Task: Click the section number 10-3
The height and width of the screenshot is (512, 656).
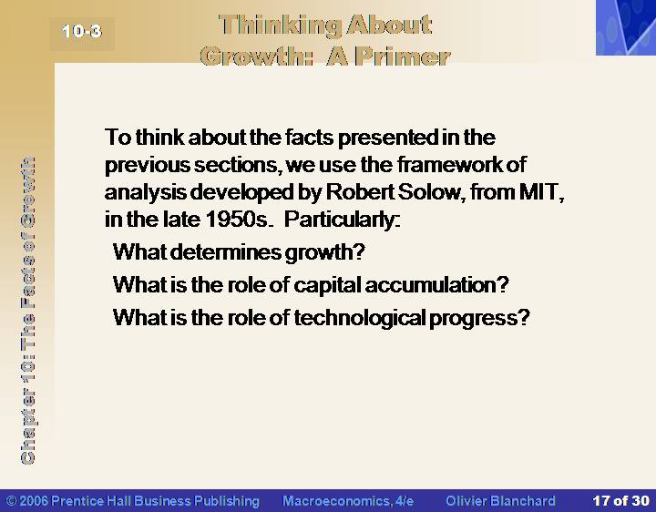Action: (x=82, y=31)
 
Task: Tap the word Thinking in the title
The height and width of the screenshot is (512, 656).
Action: (x=280, y=26)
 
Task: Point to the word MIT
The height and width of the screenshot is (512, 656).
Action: (x=541, y=192)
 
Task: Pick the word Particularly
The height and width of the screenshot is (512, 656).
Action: (x=342, y=220)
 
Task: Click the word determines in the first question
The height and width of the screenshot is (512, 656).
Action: (x=226, y=251)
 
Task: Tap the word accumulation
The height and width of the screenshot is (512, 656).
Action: (x=436, y=285)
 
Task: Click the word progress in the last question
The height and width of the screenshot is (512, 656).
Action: (x=479, y=319)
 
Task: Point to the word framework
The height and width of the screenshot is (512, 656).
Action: (x=450, y=164)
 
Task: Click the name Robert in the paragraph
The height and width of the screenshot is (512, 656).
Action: (x=360, y=192)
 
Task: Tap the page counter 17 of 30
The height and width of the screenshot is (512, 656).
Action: (x=620, y=501)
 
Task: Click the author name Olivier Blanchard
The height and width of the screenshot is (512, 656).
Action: (x=500, y=501)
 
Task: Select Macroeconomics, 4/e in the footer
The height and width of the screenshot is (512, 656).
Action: (x=348, y=501)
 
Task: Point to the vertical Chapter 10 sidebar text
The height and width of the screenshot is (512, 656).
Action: (x=27, y=310)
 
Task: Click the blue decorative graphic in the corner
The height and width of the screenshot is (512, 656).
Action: (x=626, y=27)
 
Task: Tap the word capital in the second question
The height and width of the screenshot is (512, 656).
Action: (x=327, y=286)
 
